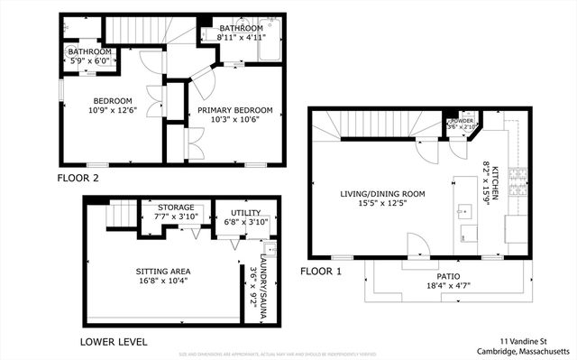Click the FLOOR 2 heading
pos(78,178)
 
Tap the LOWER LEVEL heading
pos(114,342)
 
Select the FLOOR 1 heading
pos(322,271)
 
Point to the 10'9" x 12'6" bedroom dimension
pos(112,110)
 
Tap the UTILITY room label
pos(245,212)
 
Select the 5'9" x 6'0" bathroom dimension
pos(89,62)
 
